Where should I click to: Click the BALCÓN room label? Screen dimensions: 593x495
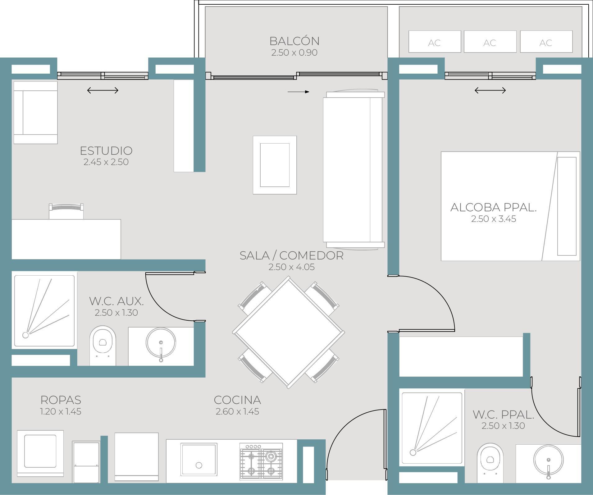[x=294, y=41]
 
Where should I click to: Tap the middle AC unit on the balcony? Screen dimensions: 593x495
[x=490, y=41]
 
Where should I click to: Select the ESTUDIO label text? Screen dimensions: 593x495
[x=106, y=151]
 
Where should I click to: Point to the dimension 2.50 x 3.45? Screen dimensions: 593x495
[x=493, y=219]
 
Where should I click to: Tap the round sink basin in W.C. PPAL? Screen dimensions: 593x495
[x=548, y=460]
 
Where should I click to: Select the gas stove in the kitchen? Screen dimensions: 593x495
[x=261, y=461]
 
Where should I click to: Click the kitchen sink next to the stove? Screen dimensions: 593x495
[x=199, y=459]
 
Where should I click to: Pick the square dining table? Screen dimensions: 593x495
[x=288, y=332]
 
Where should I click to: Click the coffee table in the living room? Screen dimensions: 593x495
[x=275, y=165]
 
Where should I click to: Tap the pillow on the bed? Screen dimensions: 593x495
[x=567, y=206]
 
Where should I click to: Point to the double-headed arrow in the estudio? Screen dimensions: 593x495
[x=103, y=90]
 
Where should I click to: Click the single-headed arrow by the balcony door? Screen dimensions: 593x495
[x=298, y=92]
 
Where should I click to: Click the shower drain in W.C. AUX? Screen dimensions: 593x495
[x=25, y=335]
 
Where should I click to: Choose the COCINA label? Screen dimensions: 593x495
[x=237, y=400]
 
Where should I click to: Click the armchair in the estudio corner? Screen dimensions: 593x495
[x=35, y=112]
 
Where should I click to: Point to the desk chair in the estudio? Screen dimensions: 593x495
[x=66, y=211]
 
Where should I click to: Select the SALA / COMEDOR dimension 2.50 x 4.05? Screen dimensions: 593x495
[x=291, y=267]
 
